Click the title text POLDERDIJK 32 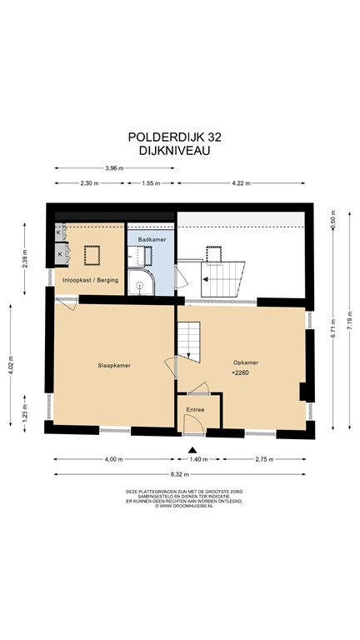point(180,136)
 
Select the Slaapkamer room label point(114,366)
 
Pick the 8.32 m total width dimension point(181,475)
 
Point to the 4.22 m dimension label point(241,182)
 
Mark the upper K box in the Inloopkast point(58,233)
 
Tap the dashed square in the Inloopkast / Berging point(89,253)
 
